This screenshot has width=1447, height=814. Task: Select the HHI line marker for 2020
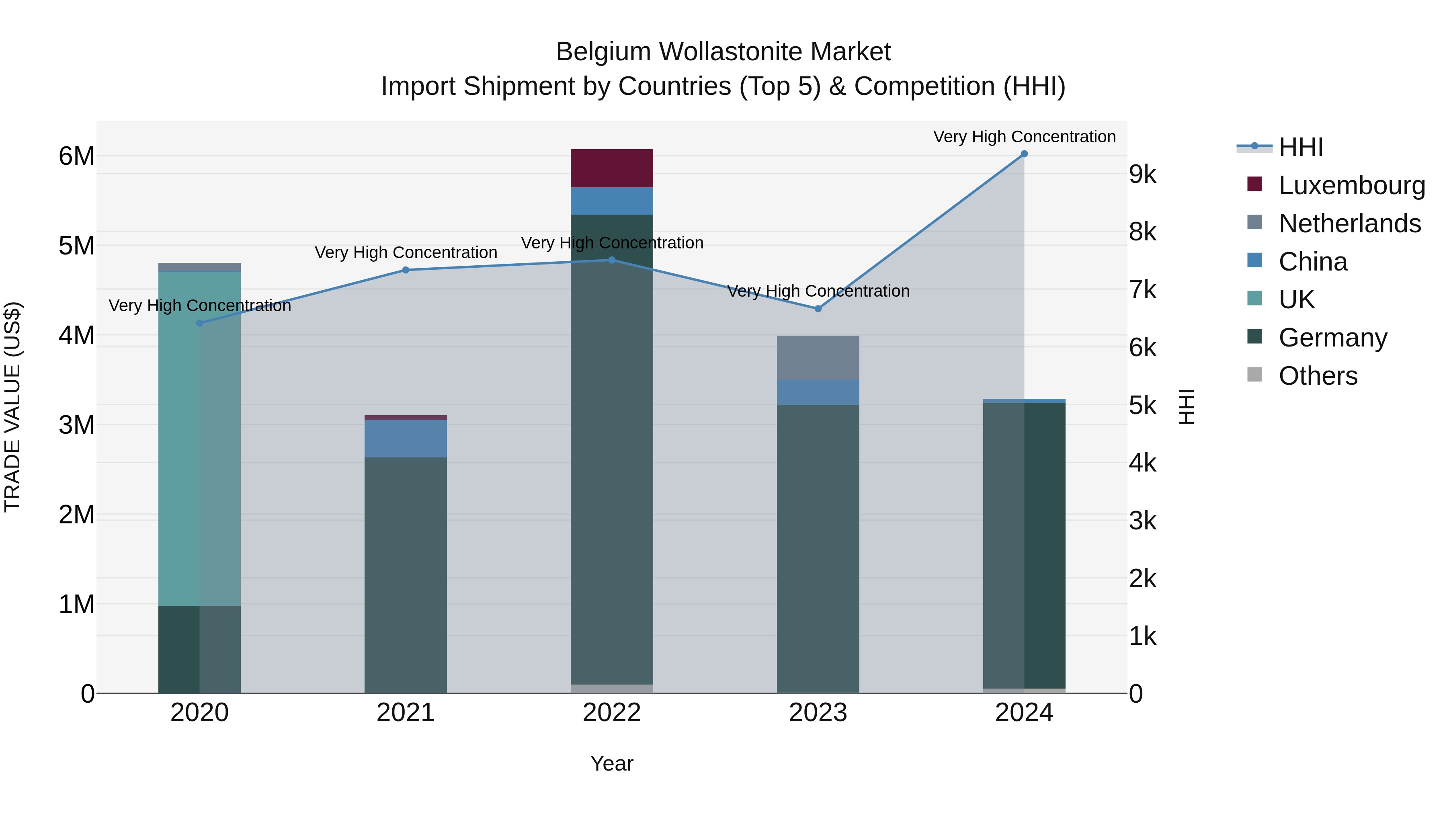click(199, 323)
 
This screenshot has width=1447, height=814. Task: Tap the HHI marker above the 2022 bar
click(612, 260)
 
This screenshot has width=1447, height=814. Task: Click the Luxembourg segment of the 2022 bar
click(612, 168)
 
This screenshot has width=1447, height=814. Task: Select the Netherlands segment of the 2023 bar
click(818, 357)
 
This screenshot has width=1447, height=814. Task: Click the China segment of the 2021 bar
click(406, 438)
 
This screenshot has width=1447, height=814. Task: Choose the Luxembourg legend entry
click(1351, 185)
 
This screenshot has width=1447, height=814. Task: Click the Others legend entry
click(1317, 376)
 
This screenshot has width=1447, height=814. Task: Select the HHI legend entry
click(1300, 147)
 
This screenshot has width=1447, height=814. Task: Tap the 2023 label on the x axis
click(818, 713)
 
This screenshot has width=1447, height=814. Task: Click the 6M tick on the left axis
click(76, 156)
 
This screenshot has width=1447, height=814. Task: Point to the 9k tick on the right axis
click(1143, 175)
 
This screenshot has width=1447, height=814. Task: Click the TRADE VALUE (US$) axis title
click(12, 407)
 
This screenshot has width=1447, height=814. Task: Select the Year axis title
click(612, 763)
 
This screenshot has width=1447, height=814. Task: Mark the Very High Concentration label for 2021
click(406, 252)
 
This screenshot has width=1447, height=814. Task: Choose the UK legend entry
click(1296, 299)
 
